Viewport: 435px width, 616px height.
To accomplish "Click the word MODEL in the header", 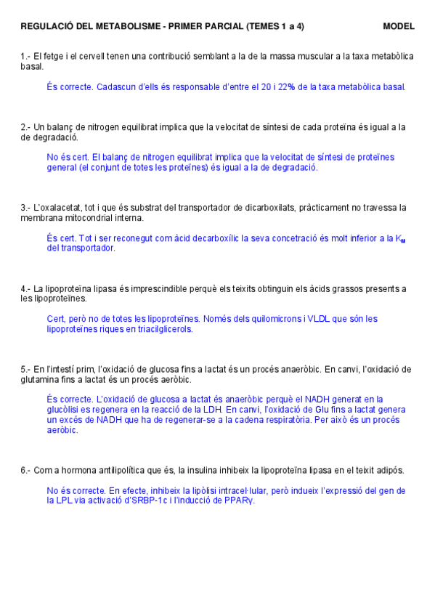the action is point(399,26).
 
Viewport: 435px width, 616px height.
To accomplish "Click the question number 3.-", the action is point(25,208).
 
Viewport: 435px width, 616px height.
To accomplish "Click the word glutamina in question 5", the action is point(42,379).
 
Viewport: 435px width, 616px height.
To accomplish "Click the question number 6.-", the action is point(25,470).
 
